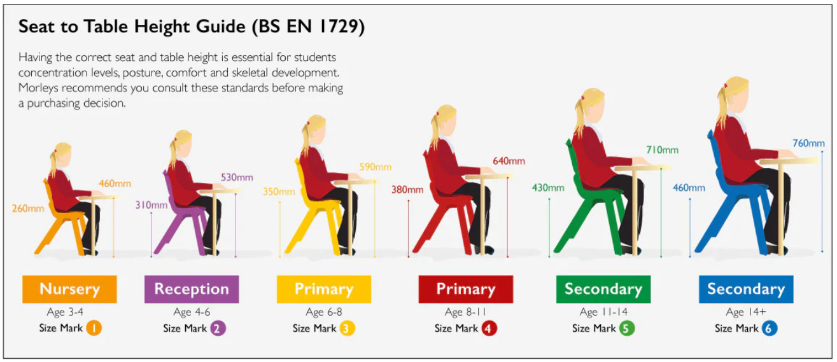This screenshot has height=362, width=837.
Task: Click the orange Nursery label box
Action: click(69, 289)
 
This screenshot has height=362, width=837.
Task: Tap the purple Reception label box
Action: click(191, 289)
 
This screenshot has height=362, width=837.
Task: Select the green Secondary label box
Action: click(603, 289)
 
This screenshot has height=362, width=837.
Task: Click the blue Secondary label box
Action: click(745, 289)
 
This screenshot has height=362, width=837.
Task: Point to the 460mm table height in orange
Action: click(115, 184)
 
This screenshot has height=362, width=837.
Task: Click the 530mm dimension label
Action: click(236, 177)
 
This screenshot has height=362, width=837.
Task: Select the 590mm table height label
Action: click(375, 167)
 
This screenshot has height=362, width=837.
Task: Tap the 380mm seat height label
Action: click(406, 190)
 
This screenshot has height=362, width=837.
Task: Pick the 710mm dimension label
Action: click(662, 150)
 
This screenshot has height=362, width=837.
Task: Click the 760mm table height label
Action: click(808, 143)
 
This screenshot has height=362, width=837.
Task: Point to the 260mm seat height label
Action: click(28, 208)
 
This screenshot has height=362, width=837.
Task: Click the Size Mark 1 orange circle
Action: click(94, 328)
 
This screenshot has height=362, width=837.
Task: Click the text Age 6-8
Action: click(323, 312)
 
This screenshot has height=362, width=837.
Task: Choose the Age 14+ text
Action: click(745, 312)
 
